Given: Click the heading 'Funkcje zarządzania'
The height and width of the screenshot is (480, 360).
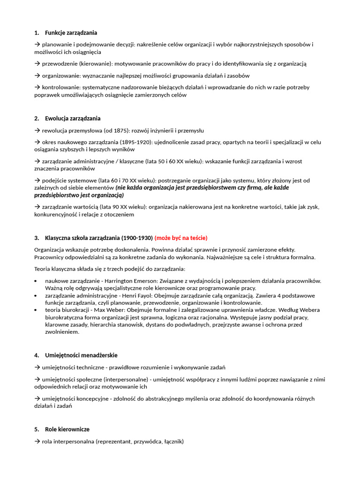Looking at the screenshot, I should click(71, 33).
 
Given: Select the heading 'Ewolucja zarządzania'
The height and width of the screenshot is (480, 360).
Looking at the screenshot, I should click(73, 118).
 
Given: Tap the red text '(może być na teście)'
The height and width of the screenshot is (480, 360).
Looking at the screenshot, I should click(181, 238).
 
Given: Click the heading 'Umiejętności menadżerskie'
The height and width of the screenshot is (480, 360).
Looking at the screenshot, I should click(81, 355).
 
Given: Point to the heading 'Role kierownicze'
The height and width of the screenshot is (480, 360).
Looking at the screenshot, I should click(67, 429).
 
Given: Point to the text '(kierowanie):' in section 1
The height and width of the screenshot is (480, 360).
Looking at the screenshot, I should click(96, 64).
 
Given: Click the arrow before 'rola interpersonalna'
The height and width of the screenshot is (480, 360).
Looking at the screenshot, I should click(37, 441).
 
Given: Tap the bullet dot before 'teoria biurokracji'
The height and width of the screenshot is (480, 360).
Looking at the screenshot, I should click(37, 310).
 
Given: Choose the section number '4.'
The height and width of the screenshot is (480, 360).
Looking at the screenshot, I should click(37, 355).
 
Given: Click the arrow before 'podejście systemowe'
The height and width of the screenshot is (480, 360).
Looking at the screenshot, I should click(37, 180).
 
